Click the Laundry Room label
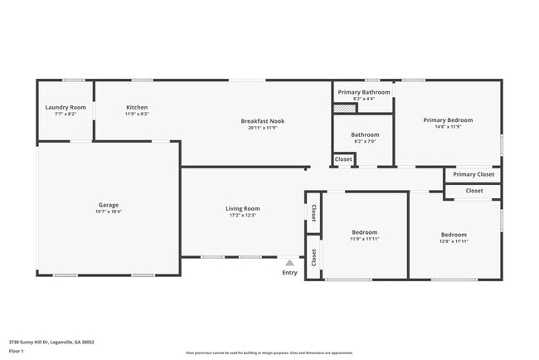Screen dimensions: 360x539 click(x=66, y=108)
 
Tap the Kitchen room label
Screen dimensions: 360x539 click(x=137, y=108)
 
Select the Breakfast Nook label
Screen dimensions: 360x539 click(x=262, y=121)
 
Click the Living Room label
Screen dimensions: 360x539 click(x=243, y=208)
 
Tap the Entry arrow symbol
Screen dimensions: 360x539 click(x=289, y=262)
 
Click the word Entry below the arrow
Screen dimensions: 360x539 click(x=289, y=273)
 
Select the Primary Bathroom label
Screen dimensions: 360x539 click(x=364, y=92)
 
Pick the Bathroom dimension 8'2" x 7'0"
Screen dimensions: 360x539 click(x=365, y=142)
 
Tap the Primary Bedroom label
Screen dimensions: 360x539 click(x=448, y=120)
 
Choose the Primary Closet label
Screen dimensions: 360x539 click(x=473, y=174)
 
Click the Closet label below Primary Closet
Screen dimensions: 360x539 click(x=474, y=191)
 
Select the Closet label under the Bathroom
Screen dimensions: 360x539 click(x=343, y=158)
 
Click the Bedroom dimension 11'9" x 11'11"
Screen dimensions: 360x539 click(x=365, y=239)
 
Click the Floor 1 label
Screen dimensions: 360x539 click(x=17, y=351)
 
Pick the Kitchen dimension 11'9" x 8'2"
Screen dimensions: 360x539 click(x=137, y=114)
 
